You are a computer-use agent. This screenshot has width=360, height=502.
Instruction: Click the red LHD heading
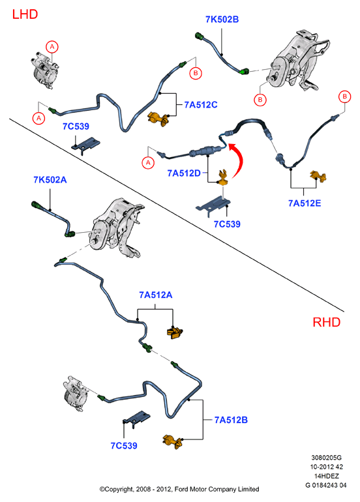click(x=25, y=14)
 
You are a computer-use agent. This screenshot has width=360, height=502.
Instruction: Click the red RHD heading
click(x=326, y=322)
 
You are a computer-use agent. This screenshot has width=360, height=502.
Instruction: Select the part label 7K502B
click(x=222, y=20)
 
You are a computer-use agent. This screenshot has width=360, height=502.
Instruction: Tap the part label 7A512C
click(x=201, y=105)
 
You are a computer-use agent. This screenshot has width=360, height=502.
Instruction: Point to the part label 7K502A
click(x=50, y=180)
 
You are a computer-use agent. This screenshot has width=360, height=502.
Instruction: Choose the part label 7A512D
click(x=184, y=173)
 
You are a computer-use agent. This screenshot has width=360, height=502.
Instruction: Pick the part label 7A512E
click(x=305, y=203)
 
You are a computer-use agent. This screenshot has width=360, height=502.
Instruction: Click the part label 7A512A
click(x=156, y=295)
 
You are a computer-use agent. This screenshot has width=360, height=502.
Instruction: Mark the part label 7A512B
click(x=231, y=420)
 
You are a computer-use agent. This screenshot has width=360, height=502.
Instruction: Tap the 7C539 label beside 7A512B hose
click(x=124, y=446)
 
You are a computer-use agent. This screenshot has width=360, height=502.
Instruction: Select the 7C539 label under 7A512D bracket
click(x=227, y=224)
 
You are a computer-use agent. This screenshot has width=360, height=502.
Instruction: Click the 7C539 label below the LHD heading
click(x=76, y=126)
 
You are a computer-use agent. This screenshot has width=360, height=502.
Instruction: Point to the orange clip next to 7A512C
click(x=158, y=119)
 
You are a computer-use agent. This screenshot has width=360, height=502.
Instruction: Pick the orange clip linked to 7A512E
click(x=318, y=177)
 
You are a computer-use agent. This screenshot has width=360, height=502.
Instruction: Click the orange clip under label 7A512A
click(x=175, y=332)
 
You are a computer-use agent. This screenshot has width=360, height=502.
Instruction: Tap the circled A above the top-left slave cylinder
click(x=52, y=47)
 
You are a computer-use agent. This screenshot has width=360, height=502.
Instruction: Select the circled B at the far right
click(x=344, y=96)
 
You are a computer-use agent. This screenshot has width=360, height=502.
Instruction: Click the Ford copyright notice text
click(x=179, y=489)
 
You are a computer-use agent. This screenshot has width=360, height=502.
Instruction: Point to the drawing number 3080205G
click(x=326, y=458)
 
